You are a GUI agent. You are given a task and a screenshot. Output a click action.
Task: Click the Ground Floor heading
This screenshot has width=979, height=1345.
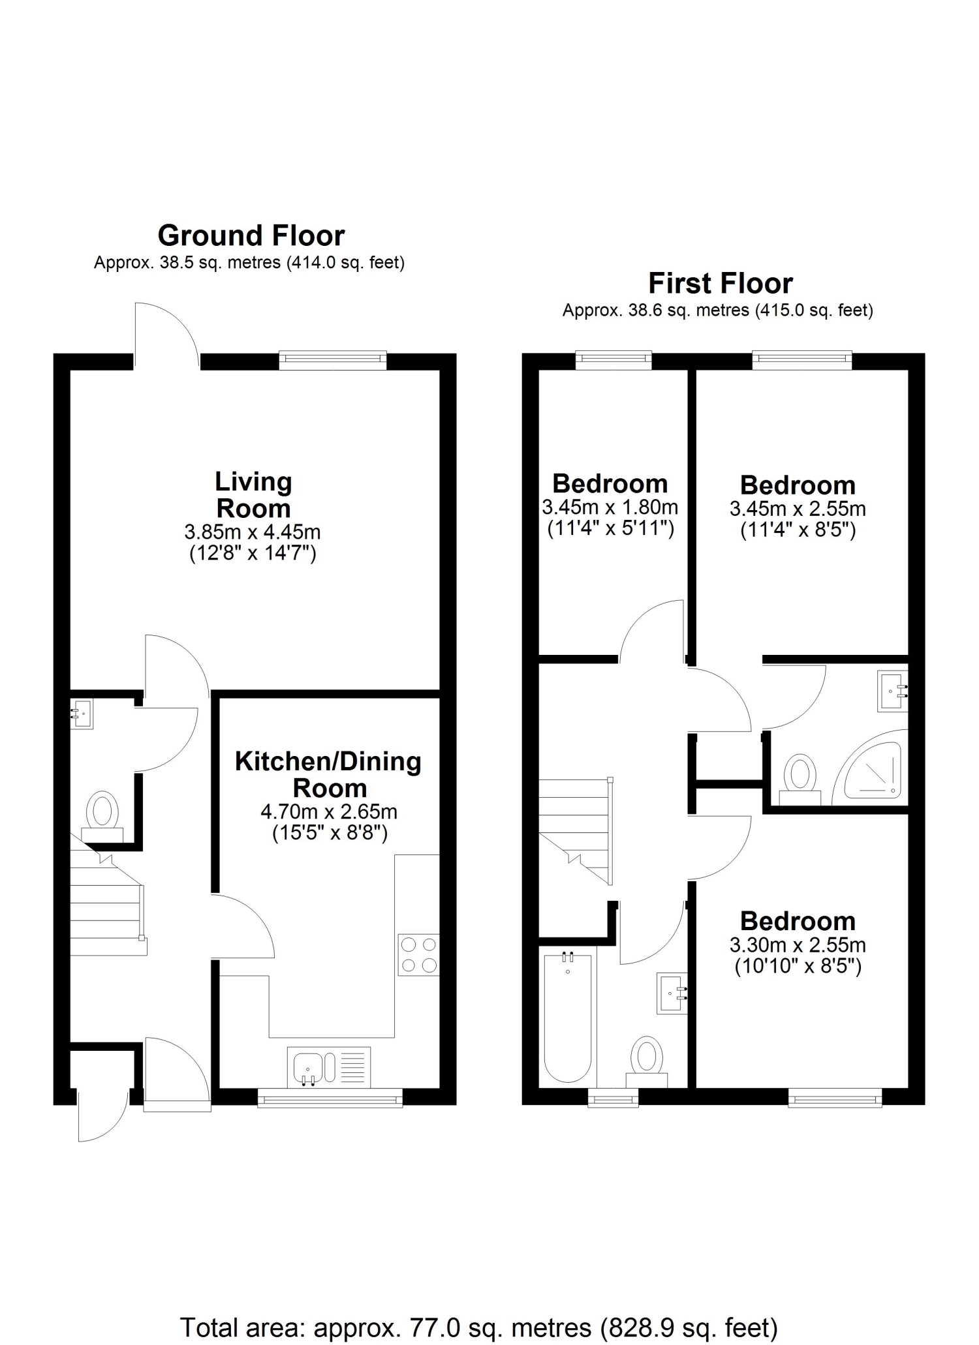pyautogui.click(x=251, y=235)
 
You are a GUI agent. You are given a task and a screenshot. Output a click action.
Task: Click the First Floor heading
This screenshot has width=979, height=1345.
pyautogui.click(x=721, y=284)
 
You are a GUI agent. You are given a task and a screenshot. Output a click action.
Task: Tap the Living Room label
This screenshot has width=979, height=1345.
pyautogui.click(x=253, y=495)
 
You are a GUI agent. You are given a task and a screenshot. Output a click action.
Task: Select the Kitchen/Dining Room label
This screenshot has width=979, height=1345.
pyautogui.click(x=328, y=775)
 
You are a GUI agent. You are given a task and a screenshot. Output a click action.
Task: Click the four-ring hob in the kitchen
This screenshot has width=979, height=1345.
pyautogui.click(x=418, y=955)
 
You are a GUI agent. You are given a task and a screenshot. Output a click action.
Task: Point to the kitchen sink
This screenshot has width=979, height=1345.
pyautogui.click(x=329, y=1068)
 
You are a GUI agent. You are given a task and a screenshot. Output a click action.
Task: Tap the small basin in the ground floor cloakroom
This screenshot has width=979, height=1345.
pyautogui.click(x=82, y=714)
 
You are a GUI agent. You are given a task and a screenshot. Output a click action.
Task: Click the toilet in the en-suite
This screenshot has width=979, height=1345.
pyautogui.click(x=800, y=780)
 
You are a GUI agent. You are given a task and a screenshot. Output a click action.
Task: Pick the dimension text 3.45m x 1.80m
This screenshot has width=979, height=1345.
pyautogui.click(x=610, y=507)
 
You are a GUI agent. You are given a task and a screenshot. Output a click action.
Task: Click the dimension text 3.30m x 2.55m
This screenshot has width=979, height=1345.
pyautogui.click(x=798, y=945)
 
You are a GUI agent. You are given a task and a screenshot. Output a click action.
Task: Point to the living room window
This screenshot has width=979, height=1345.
pyautogui.click(x=333, y=360)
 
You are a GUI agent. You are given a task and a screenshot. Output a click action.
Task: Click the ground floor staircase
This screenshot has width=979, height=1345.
pyautogui.click(x=108, y=903)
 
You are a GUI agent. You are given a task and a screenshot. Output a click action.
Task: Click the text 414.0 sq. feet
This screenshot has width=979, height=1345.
pyautogui.click(x=346, y=263)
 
